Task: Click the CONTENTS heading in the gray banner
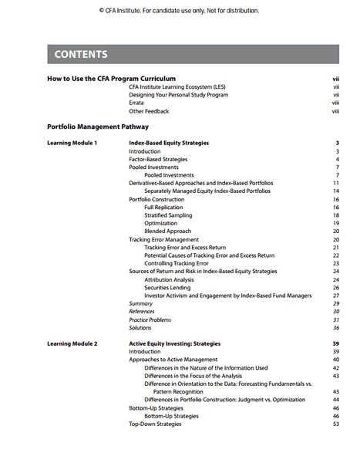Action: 81,55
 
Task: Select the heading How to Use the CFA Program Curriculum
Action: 111,79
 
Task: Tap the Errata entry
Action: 136,103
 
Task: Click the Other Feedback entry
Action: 149,111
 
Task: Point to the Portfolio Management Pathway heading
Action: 98,127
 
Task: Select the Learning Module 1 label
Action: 72,144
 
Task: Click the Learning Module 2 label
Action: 72,343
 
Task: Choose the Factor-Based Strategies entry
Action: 158,160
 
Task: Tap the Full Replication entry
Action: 164,208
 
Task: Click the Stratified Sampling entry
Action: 168,215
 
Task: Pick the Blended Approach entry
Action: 167,231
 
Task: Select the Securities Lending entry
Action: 168,288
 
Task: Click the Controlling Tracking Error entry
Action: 176,263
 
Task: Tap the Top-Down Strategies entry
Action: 155,424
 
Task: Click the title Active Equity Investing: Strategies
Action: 174,343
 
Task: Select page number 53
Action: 336,424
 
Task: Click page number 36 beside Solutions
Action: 336,328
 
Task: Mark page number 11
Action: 336,183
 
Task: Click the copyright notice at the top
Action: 180,11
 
